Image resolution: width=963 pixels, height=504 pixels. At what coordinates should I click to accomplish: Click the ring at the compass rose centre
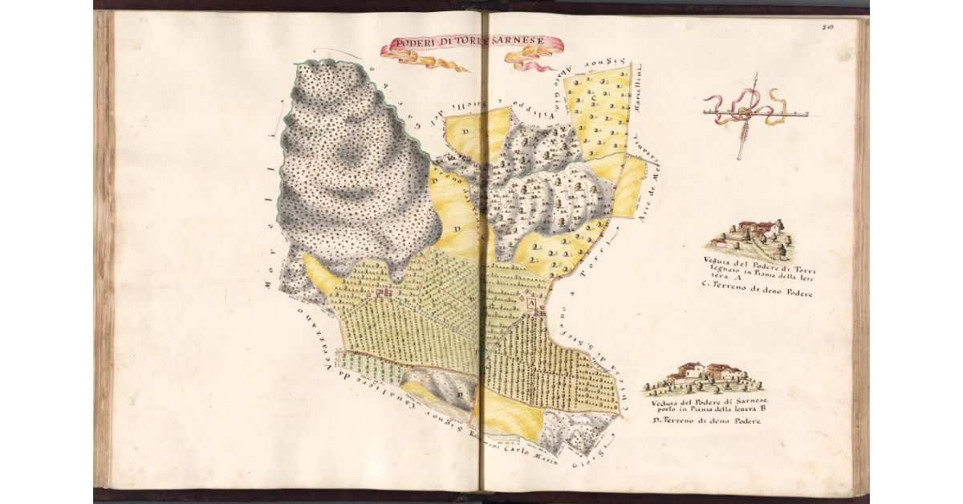[746, 115]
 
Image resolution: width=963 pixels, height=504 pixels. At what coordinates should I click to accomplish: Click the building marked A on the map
[532, 305]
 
